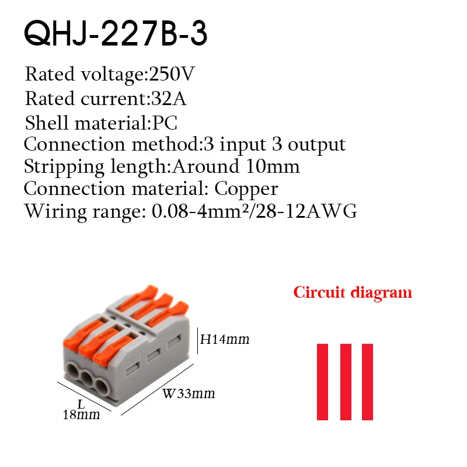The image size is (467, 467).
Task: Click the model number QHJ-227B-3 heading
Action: pyautogui.click(x=116, y=33)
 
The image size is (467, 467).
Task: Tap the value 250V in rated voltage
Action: pyautogui.click(x=172, y=74)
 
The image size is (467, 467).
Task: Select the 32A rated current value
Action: pyautogui.click(x=169, y=99)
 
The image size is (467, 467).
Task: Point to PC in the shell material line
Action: pyautogui.click(x=165, y=123)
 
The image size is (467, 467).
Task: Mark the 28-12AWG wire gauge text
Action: pyautogui.click(x=306, y=211)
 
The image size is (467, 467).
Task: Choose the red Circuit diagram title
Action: pyautogui.click(x=353, y=292)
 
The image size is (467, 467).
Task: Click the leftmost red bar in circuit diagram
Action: pyautogui.click(x=322, y=382)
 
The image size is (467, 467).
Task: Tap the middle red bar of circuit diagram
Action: pyautogui.click(x=346, y=382)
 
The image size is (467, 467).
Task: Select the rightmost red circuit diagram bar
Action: pyautogui.click(x=368, y=382)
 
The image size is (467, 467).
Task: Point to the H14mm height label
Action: pyautogui.click(x=225, y=339)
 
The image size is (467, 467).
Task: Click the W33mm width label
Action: pyautogui.click(x=189, y=393)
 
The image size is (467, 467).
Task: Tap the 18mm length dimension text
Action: pyautogui.click(x=81, y=414)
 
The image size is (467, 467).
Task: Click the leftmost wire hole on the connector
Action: pyautogui.click(x=73, y=371)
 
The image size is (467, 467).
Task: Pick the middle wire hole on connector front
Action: pyautogui.click(x=88, y=379)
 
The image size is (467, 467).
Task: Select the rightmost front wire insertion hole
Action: pyautogui.click(x=103, y=387)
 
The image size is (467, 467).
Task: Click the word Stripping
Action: pyautogui.click(x=64, y=167)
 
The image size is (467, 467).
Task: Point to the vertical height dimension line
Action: pyautogui.click(x=197, y=341)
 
